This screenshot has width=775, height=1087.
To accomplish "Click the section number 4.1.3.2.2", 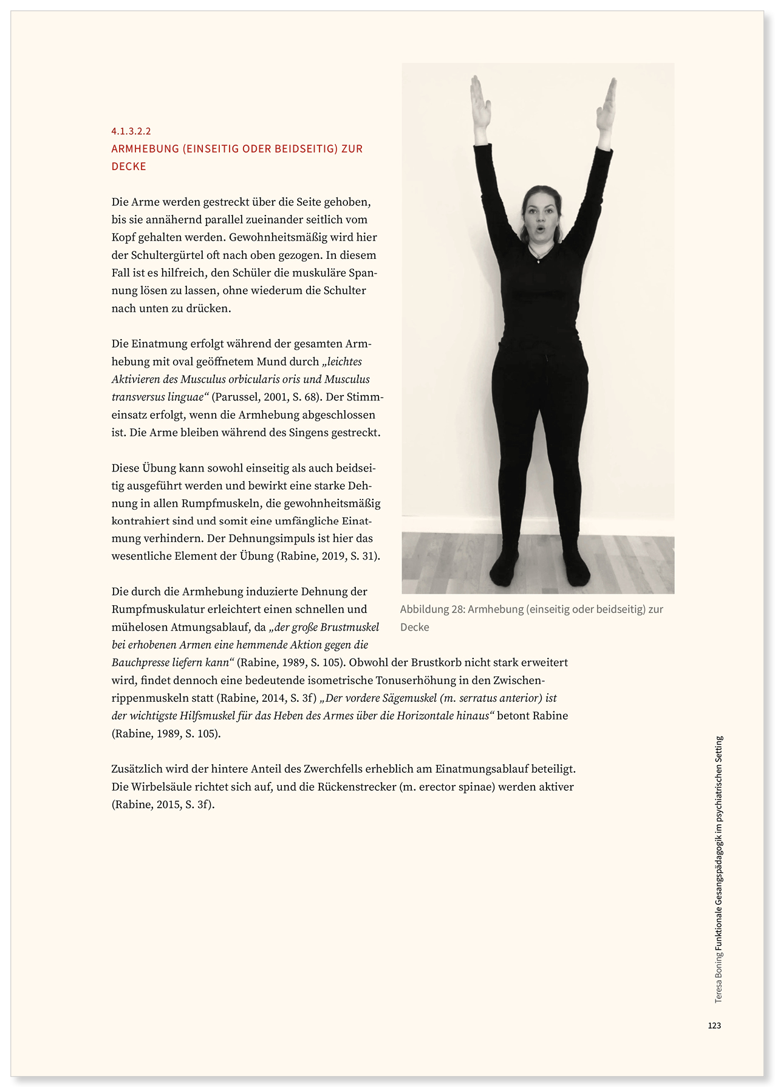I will [131, 131].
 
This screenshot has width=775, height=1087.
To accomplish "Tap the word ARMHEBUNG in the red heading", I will [145, 149].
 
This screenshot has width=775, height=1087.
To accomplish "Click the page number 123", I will [714, 1026].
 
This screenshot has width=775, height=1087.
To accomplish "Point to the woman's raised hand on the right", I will [607, 108].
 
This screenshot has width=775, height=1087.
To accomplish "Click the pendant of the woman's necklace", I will [538, 261].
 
